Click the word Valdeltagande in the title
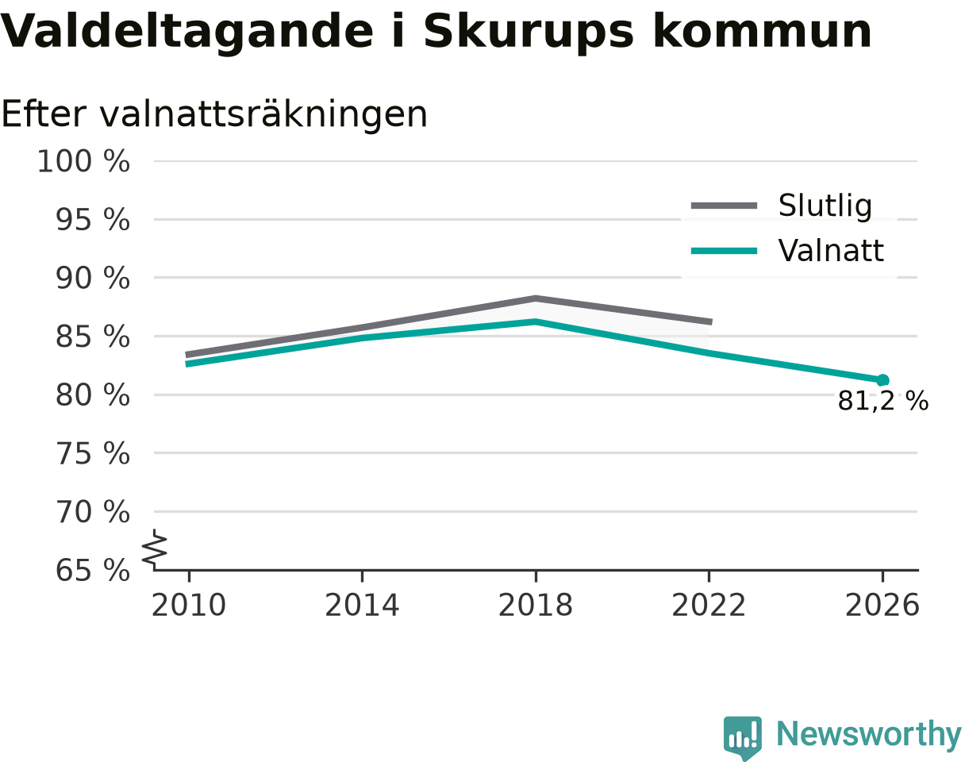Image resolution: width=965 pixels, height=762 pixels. point(186,33)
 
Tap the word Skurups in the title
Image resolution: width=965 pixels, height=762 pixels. point(529,33)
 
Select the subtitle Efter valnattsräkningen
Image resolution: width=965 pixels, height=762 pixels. point(214,115)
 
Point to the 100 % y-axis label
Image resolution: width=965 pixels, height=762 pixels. point(83,161)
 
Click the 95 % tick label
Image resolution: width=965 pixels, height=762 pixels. point(92,220)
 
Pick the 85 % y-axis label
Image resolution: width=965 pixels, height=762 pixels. point(92,337)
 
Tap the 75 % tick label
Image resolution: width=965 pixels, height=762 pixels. point(92,453)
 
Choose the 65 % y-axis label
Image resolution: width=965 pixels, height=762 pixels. point(92,571)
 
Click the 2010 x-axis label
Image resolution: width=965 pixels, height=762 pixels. point(189,606)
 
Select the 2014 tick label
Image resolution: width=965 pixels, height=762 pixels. point(362,606)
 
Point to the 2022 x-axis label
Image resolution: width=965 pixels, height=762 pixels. point(709,606)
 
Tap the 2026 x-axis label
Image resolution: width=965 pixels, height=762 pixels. point(882,606)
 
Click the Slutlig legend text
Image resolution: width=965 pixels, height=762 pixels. point(825,206)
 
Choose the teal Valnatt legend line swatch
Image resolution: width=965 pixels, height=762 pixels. point(724,251)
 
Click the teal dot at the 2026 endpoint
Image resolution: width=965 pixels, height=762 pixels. point(882,380)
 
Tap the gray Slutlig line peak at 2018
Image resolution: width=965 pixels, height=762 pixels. point(536,298)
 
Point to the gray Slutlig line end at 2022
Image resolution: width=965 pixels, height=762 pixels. point(712,322)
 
